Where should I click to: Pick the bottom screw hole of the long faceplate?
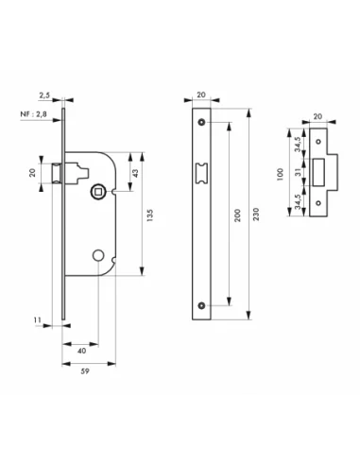pyautogui.click(x=202, y=304)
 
